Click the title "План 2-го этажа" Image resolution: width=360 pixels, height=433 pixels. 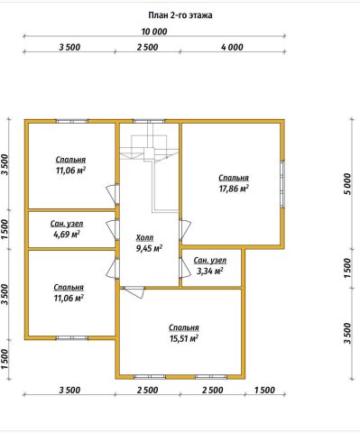click(180, 15)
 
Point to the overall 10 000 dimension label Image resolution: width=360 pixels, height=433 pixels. click(154, 32)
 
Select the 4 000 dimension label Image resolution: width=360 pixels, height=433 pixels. click(232, 47)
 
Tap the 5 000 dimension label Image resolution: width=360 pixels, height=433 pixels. click(347, 183)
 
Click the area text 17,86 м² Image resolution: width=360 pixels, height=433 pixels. click(234, 189)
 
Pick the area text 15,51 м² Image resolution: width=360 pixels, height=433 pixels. click(184, 338)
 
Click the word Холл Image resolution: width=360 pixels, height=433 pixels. click(144, 238)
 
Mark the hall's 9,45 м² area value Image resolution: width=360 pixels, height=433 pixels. click(150, 249)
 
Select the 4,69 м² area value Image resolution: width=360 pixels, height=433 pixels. click(67, 235)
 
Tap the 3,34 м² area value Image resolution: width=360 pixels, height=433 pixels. click(210, 272)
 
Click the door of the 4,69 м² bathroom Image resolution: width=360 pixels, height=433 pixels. click(113, 230)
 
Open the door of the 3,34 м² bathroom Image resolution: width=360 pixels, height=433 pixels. click(184, 268)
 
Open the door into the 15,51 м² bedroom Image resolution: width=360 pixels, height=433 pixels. click(134, 292)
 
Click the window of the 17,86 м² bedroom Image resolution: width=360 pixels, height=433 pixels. click(282, 184)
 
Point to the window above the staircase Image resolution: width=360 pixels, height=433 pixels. click(149, 122)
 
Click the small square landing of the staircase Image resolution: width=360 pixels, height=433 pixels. click(149, 154)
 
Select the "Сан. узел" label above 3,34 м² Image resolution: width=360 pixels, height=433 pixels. click(210, 261)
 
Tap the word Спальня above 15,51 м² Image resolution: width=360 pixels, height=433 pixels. click(184, 327)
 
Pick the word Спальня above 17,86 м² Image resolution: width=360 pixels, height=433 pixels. click(234, 178)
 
